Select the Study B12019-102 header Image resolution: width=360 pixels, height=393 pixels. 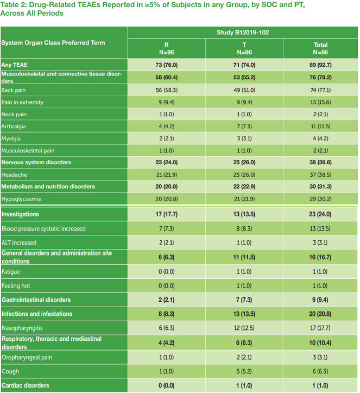(243, 32)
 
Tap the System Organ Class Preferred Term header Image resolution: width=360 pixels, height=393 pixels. (53, 42)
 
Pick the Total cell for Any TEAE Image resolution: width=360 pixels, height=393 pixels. (320, 64)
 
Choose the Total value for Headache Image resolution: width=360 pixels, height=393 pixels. (320, 174)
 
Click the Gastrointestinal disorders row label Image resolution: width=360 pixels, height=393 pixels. (36, 300)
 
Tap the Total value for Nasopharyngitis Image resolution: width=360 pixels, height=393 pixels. (320, 328)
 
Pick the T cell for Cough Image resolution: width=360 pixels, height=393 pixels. (244, 371)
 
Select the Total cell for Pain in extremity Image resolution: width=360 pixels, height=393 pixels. (320, 102)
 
